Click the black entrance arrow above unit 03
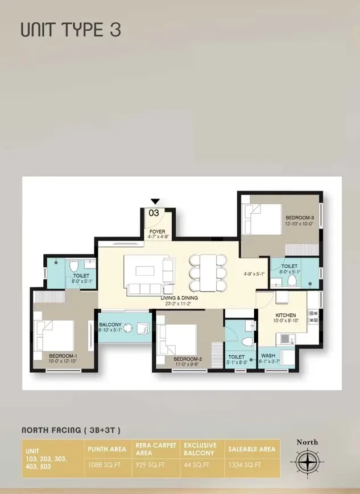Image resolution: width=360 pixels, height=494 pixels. [x=155, y=202]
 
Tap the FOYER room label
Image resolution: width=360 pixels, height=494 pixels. [x=157, y=231]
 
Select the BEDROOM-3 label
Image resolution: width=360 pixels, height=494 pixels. [x=300, y=218]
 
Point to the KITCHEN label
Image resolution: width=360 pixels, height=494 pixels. [x=285, y=315]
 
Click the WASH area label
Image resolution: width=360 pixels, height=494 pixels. [x=268, y=356]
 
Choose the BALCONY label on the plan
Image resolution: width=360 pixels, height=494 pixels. [x=110, y=325]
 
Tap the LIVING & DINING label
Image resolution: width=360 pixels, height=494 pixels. [x=179, y=298]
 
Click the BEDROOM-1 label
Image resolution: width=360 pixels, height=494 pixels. [x=63, y=355]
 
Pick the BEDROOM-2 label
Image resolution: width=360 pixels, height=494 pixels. [x=188, y=359]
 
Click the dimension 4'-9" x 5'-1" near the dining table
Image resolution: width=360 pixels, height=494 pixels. [x=254, y=274]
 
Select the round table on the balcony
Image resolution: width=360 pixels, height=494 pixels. [x=129, y=328]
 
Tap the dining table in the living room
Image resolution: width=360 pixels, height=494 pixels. [x=208, y=273]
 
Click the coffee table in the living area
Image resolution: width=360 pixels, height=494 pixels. [x=145, y=271]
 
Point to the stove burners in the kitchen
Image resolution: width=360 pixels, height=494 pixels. [x=313, y=316]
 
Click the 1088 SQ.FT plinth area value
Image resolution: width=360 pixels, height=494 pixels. [x=104, y=464]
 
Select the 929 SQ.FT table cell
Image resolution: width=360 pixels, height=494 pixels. [x=150, y=464]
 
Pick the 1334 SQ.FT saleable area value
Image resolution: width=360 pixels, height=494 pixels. [x=245, y=464]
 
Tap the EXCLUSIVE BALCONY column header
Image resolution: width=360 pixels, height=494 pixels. [x=200, y=449]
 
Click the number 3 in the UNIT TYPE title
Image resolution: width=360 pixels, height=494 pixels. [x=115, y=30]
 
